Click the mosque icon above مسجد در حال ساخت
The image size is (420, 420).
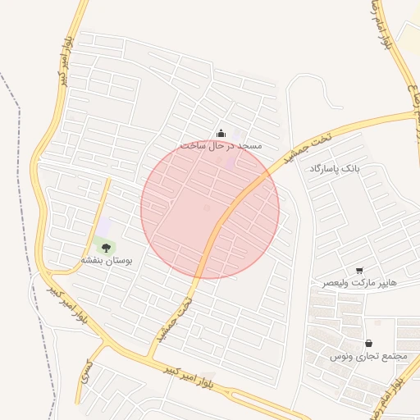[221, 134]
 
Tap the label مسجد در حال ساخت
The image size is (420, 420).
[221, 145]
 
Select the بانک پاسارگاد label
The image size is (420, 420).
[335, 169]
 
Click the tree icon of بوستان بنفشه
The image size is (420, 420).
[106, 247]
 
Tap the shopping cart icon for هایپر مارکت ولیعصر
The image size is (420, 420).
[359, 271]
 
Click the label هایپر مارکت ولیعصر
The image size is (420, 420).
[358, 282]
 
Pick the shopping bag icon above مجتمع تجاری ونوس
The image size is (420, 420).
[368, 344]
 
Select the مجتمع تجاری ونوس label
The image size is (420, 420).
[369, 356]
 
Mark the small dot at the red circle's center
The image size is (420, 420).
[207, 208]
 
